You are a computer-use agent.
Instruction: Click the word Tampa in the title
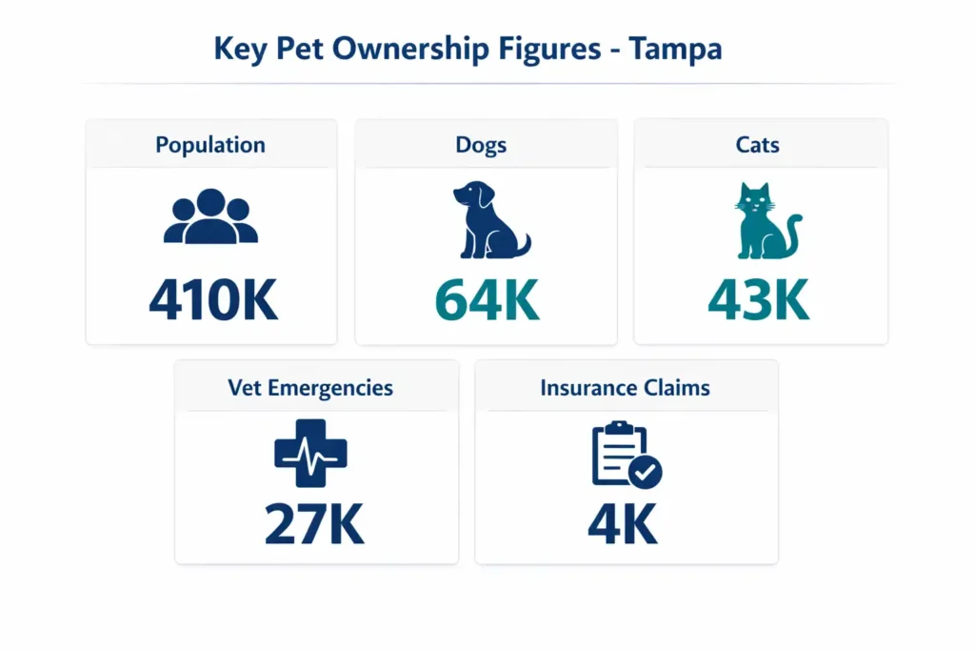tap(675, 49)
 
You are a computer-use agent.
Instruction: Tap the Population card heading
tap(210, 146)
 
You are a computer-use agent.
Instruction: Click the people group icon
tap(210, 217)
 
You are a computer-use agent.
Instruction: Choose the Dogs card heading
tap(481, 146)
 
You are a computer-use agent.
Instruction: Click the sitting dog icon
tap(489, 221)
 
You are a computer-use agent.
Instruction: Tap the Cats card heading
tap(758, 146)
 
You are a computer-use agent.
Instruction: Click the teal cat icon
tap(764, 221)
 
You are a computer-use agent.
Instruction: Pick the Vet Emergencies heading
tap(310, 388)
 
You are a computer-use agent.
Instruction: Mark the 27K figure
tap(314, 524)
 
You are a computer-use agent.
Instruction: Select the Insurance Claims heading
tap(625, 388)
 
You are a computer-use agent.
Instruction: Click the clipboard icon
tap(620, 454)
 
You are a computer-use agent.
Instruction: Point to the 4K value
tap(623, 524)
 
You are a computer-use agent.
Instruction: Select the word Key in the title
tap(238, 49)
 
